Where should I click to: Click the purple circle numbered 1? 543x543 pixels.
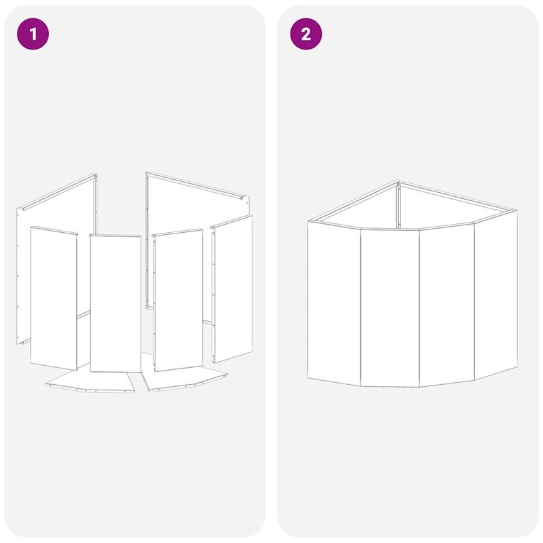tap(33, 34)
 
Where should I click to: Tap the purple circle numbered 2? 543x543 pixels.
tap(306, 34)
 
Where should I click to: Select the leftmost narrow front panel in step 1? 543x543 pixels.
tap(54, 298)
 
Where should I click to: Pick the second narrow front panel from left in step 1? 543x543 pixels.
tap(115, 303)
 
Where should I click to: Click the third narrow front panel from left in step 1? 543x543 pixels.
tap(178, 300)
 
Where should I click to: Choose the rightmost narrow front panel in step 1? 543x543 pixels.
tap(232, 289)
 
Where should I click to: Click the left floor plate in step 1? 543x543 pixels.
tap(91, 381)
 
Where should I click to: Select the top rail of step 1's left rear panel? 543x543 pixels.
tap(58, 192)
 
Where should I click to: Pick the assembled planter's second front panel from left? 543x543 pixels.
tap(390, 307)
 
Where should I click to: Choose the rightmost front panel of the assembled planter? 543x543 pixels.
tap(496, 295)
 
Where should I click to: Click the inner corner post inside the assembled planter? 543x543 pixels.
tap(398, 206)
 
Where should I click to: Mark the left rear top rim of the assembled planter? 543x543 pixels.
tap(353, 201)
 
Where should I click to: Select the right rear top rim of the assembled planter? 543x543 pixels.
tap(457, 195)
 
